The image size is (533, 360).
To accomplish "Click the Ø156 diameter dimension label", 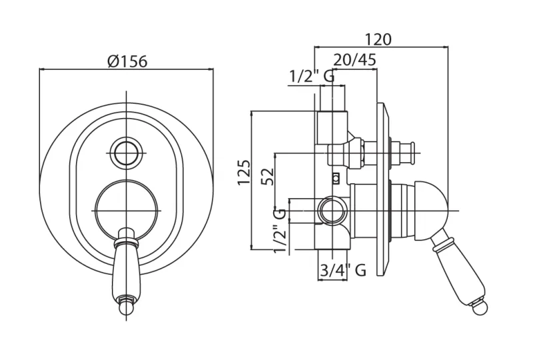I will [x=127, y=61].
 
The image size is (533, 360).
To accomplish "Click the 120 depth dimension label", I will [x=378, y=39].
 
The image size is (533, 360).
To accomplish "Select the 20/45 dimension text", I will [x=354, y=60].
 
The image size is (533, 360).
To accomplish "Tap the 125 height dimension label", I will [x=244, y=172].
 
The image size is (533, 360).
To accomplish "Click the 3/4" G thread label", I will [x=342, y=270].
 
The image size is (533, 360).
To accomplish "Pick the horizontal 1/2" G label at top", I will [x=311, y=77].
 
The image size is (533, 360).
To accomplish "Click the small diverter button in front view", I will [x=126, y=153].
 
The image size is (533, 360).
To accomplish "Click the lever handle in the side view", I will [x=456, y=267].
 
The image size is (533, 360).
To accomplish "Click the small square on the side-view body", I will [x=336, y=177].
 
